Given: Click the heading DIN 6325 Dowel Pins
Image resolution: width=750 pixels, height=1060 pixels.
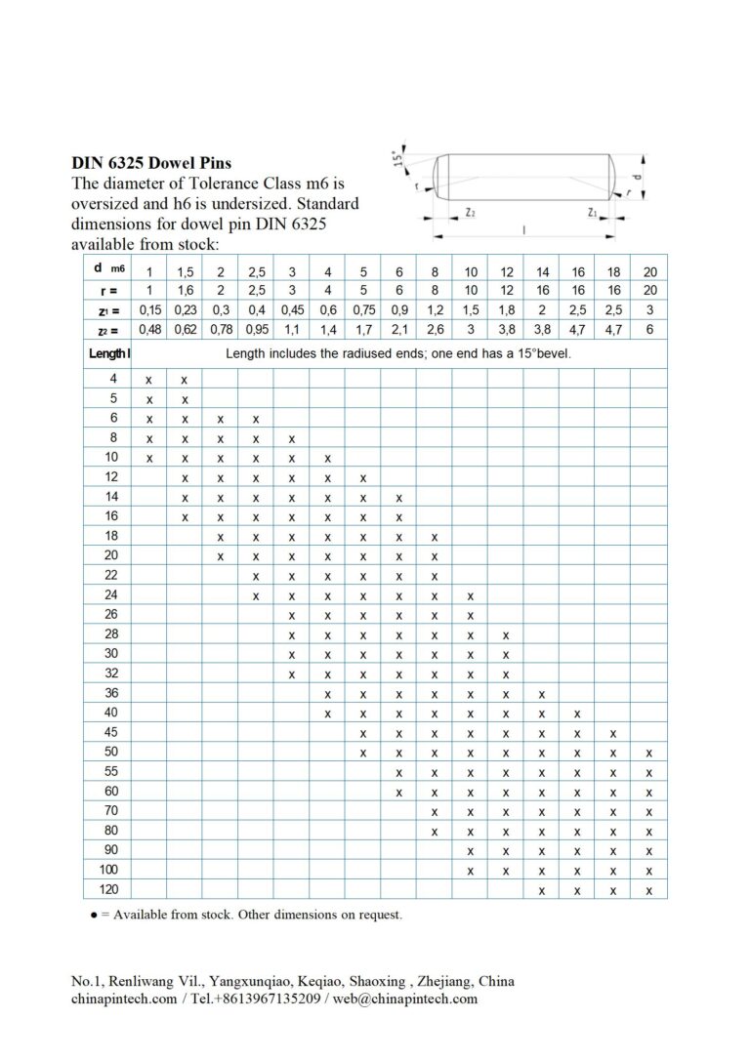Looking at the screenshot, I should (151, 163).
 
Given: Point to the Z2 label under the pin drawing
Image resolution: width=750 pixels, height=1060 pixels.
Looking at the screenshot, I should (471, 212).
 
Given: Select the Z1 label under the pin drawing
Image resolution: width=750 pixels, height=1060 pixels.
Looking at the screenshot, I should (593, 212).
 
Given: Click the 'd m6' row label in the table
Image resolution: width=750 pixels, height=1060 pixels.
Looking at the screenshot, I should (107, 268).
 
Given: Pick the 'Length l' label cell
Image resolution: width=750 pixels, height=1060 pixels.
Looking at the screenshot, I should (107, 353).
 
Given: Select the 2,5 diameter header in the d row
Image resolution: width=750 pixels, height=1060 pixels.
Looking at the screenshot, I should (256, 271).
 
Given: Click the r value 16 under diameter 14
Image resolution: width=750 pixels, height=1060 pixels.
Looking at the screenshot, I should (542, 290).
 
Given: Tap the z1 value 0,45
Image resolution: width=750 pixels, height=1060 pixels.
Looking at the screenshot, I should (291, 309).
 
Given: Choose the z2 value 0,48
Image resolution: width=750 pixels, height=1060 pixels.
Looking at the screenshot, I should (148, 329).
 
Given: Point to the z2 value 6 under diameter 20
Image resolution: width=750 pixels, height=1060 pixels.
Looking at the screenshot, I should (649, 329).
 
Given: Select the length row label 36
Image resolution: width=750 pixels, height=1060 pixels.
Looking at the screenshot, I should (110, 693).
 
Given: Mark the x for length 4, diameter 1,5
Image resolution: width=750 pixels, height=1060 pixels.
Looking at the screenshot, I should (185, 379).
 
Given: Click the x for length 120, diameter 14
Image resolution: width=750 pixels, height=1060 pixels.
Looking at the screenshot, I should (542, 890).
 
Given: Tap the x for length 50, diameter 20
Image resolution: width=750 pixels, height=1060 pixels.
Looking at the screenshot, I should (649, 753).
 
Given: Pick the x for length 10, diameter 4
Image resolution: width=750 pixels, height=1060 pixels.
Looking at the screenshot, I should (327, 458).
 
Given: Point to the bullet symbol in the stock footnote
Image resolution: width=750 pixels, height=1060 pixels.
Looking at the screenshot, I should (93, 916).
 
